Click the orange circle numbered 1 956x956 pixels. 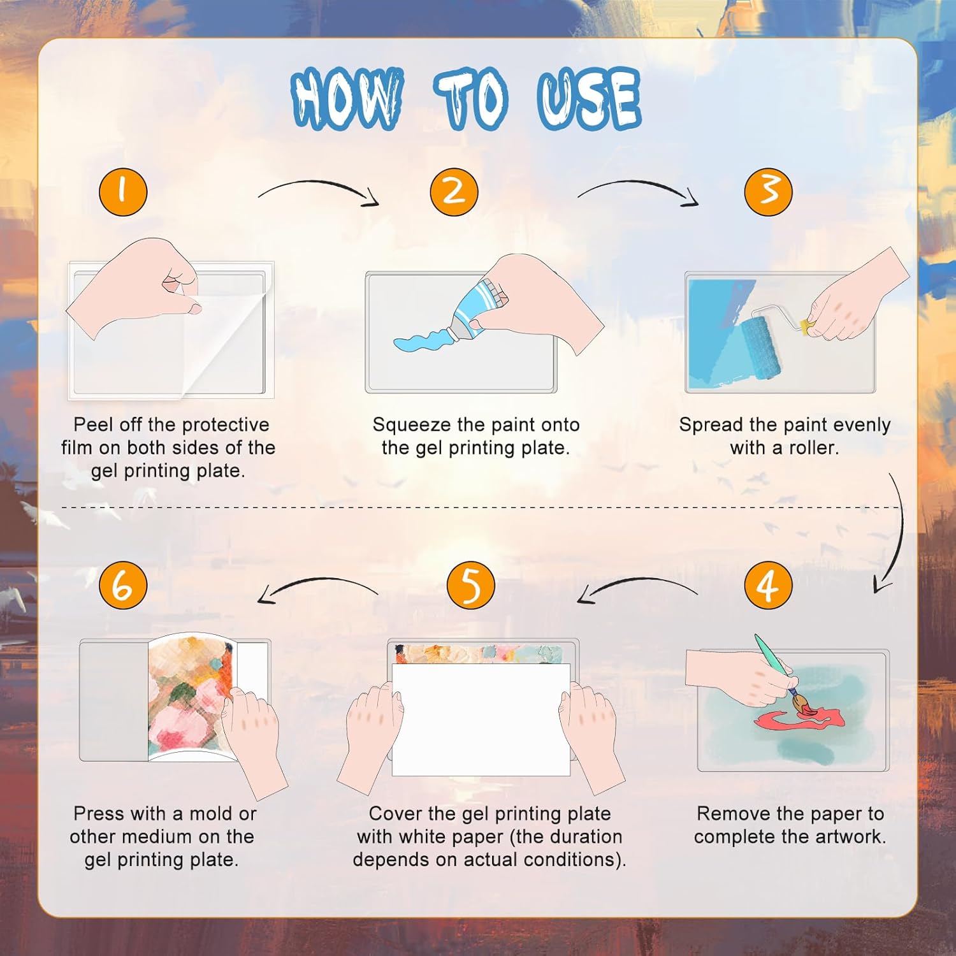tap(123, 191)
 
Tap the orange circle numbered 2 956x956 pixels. tap(454, 191)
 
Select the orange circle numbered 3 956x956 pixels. tap(769, 191)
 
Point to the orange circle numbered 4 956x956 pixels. tap(769, 585)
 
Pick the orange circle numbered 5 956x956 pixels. tap(471, 585)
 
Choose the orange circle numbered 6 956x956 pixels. tap(123, 585)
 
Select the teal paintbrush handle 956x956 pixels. tap(773, 660)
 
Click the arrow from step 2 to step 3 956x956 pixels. tap(637, 184)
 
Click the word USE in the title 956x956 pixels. tap(589, 99)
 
